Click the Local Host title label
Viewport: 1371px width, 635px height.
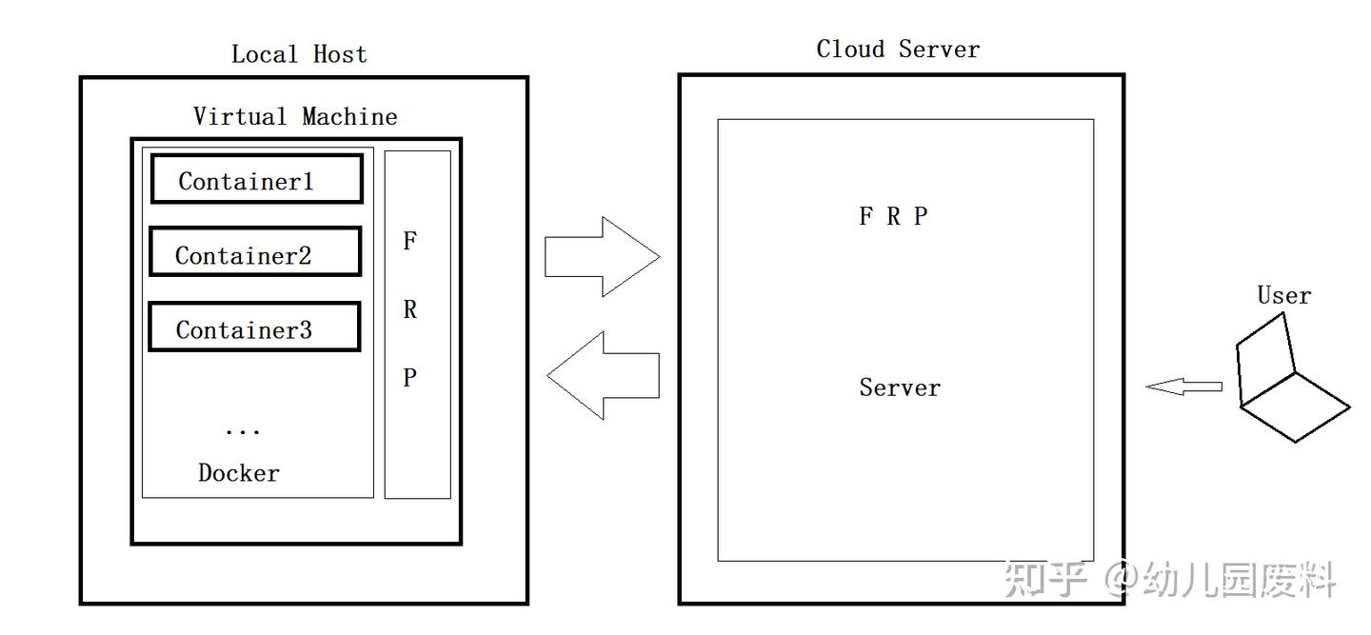tap(299, 54)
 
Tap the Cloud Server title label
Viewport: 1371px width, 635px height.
tap(898, 50)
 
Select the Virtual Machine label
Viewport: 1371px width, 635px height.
tap(295, 117)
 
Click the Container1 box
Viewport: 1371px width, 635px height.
tap(256, 179)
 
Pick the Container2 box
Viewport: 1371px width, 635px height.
tap(255, 252)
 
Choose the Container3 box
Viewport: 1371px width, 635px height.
tap(254, 327)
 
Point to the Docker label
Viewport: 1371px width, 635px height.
tap(239, 473)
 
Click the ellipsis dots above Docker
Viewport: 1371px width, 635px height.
tap(242, 431)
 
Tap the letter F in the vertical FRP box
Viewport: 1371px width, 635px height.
tap(409, 242)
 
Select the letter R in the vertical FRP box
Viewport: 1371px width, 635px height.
tap(409, 310)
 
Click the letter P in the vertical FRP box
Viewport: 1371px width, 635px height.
tap(409, 378)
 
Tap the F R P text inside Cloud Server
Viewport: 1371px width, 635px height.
tap(893, 217)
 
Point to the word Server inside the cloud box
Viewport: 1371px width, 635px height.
tap(900, 387)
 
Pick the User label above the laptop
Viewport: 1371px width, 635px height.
tap(1283, 296)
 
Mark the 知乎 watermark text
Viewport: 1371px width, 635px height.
tap(1045, 579)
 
